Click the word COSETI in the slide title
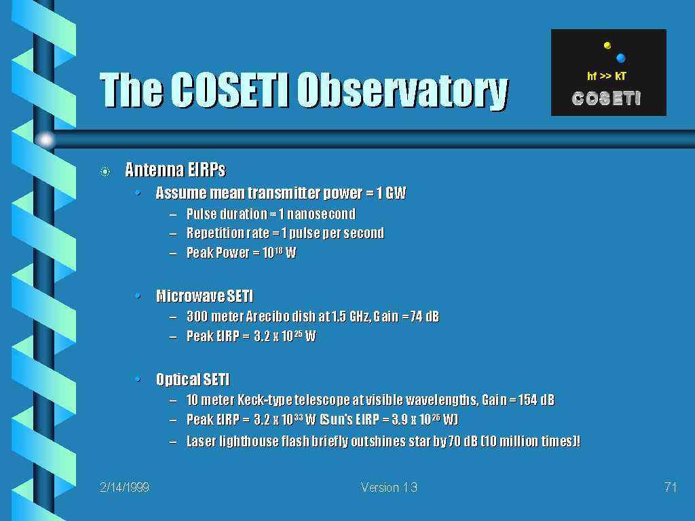[229, 90]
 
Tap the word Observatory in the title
[402, 91]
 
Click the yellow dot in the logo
[607, 45]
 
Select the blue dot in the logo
[620, 58]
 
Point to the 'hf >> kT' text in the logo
[606, 76]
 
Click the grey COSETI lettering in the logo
[606, 98]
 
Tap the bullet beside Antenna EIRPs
[105, 171]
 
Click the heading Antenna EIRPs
[176, 170]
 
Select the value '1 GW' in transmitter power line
[392, 193]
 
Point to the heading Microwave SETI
[205, 296]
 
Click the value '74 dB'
[425, 316]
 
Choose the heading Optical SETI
[193, 379]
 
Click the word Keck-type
[265, 400]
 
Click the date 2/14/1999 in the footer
[125, 487]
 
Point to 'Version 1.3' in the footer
[389, 487]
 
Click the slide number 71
[671, 487]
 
